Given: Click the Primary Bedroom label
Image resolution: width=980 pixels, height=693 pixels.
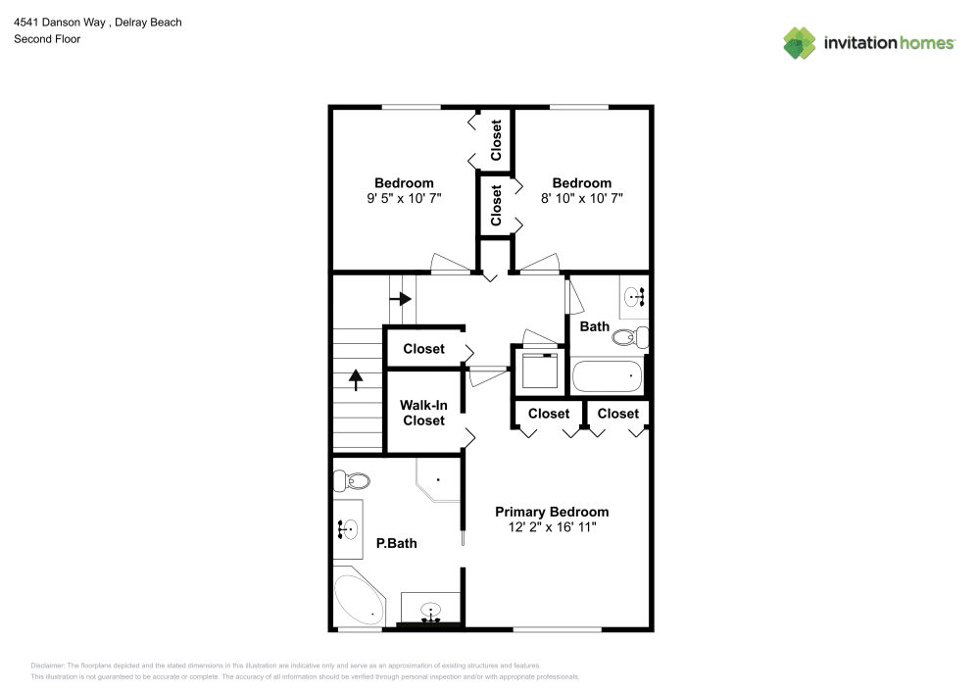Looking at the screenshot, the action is (x=552, y=512).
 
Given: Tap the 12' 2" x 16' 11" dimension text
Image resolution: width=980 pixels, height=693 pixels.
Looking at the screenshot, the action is (x=552, y=527).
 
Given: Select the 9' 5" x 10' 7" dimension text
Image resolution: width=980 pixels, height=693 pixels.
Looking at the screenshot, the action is (x=404, y=199).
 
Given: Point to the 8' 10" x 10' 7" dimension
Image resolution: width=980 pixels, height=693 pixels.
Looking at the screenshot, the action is (x=582, y=199).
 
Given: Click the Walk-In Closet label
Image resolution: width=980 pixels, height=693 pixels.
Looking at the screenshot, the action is (x=423, y=413).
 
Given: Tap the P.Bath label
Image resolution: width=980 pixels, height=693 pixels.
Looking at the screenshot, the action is (x=396, y=544).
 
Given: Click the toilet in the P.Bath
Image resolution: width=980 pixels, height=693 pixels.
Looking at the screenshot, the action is (x=351, y=481).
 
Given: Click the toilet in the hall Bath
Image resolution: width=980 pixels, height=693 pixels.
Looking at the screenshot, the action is (x=630, y=337).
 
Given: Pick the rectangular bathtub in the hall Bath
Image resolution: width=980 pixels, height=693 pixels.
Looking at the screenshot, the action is (x=607, y=376).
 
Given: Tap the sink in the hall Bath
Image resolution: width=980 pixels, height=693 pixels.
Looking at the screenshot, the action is (x=634, y=296).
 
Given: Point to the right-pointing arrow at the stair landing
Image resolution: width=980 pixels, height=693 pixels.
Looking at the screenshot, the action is (x=401, y=299).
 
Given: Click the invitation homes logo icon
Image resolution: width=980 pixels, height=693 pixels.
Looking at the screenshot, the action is (x=800, y=43).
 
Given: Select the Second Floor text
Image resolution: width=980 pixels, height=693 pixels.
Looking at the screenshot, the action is (x=47, y=39).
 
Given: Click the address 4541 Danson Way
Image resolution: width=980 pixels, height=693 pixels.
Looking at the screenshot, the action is (x=60, y=22).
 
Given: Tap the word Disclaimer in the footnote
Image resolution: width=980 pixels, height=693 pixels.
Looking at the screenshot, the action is (x=47, y=666).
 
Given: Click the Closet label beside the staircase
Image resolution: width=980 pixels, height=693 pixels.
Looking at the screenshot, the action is (x=423, y=349).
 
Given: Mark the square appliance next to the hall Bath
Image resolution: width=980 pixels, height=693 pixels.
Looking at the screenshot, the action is (x=540, y=371).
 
